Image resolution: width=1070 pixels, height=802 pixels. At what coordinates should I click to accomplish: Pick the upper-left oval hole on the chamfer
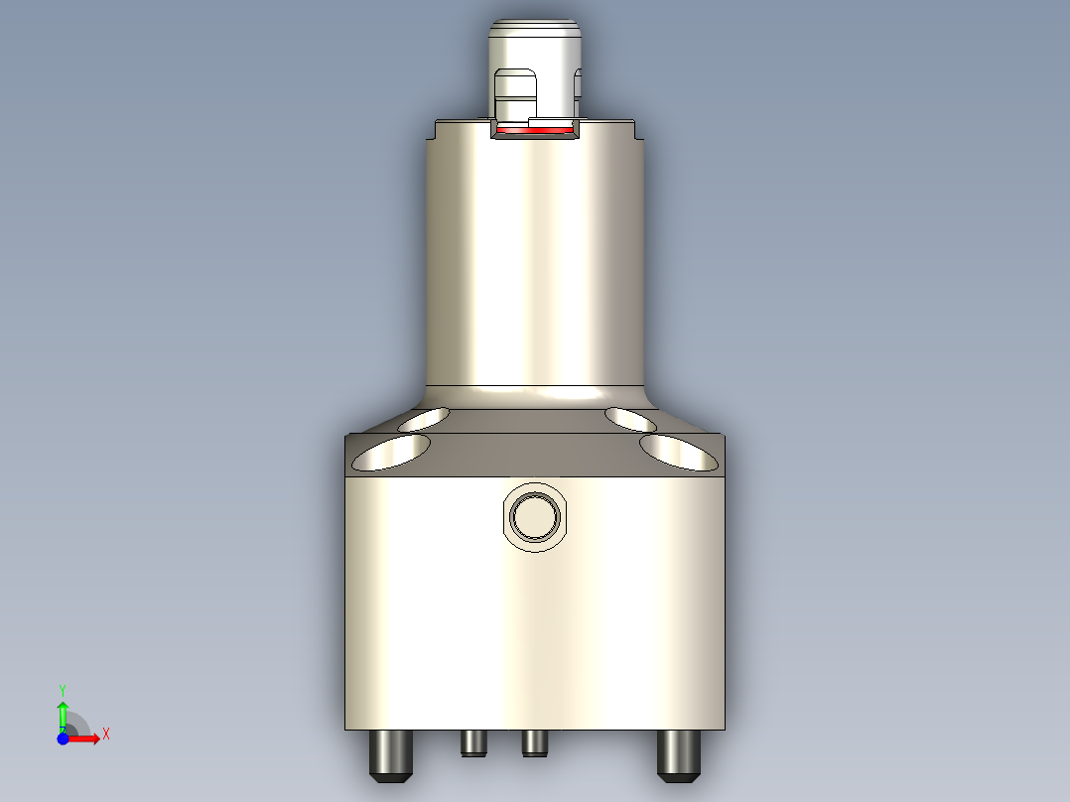(423, 418)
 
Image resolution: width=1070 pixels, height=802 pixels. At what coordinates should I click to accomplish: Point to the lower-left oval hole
(392, 453)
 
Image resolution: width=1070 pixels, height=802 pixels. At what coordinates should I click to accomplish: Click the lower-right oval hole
(679, 453)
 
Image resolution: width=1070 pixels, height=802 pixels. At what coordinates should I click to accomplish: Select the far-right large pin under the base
(679, 754)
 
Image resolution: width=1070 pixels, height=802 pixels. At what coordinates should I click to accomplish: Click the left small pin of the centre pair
(473, 742)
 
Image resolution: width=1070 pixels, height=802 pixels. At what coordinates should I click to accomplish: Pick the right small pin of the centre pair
(535, 742)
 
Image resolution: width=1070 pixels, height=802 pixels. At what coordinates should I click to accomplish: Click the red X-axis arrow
(86, 738)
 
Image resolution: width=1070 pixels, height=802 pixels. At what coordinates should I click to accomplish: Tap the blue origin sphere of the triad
(63, 738)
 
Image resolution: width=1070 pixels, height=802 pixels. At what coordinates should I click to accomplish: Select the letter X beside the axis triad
(105, 735)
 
